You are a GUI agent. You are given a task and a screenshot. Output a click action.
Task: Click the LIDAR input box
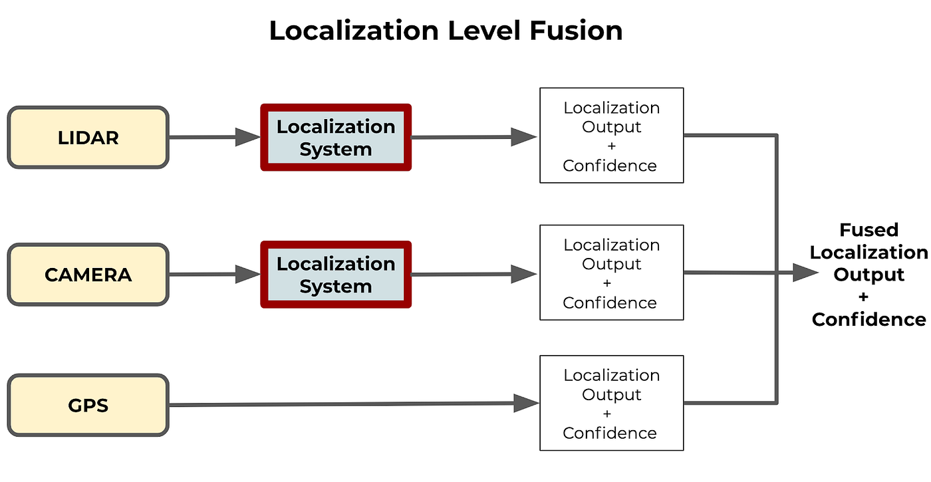coord(88,138)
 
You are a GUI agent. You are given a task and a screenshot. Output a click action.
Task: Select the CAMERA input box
coord(88,275)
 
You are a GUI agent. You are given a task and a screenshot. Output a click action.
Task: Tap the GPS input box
coord(88,405)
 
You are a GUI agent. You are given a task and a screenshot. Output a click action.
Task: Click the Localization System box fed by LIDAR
coord(336,138)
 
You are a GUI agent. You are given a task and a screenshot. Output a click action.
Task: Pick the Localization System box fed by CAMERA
coord(336,275)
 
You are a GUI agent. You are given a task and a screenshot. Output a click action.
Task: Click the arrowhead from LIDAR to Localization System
coord(248,138)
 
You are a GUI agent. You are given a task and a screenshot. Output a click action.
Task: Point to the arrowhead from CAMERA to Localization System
coord(248,275)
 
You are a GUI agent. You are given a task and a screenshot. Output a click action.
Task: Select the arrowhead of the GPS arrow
coord(526,403)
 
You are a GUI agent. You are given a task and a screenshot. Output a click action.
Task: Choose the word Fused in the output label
coord(868,230)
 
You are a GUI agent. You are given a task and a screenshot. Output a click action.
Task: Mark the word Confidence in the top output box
coord(610,166)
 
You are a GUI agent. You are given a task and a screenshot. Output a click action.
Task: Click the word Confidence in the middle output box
coord(610,302)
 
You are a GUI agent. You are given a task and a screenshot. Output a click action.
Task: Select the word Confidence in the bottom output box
coord(610,433)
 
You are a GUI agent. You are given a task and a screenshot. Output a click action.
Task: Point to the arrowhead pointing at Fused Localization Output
coord(806,273)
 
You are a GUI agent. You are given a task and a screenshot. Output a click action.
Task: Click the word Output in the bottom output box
coord(611,394)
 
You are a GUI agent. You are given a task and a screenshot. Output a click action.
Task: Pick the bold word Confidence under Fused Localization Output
coord(868,320)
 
